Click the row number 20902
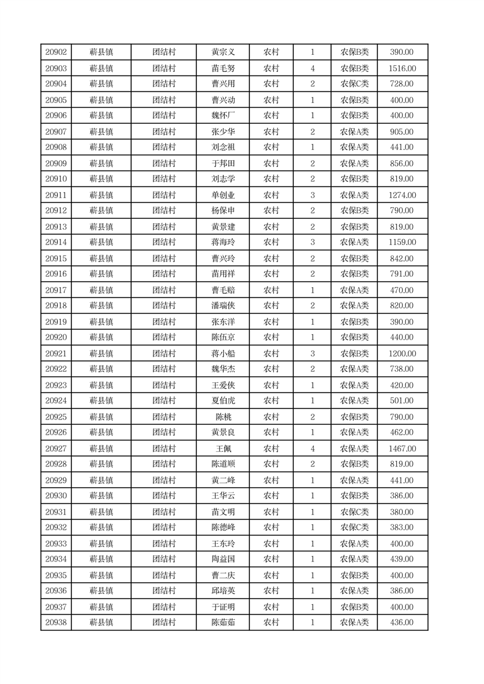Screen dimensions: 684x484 point(56,52)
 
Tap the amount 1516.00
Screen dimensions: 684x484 point(402,68)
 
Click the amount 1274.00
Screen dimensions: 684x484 point(402,195)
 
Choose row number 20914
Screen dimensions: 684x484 point(56,242)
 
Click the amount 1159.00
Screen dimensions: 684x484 point(402,242)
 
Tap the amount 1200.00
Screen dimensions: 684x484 point(402,354)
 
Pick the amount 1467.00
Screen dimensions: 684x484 point(402,449)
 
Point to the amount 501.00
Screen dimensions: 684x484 point(402,401)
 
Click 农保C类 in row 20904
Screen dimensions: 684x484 point(354,84)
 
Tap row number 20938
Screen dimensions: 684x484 point(56,622)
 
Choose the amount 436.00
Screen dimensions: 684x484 point(402,622)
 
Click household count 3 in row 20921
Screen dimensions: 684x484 point(313,354)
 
